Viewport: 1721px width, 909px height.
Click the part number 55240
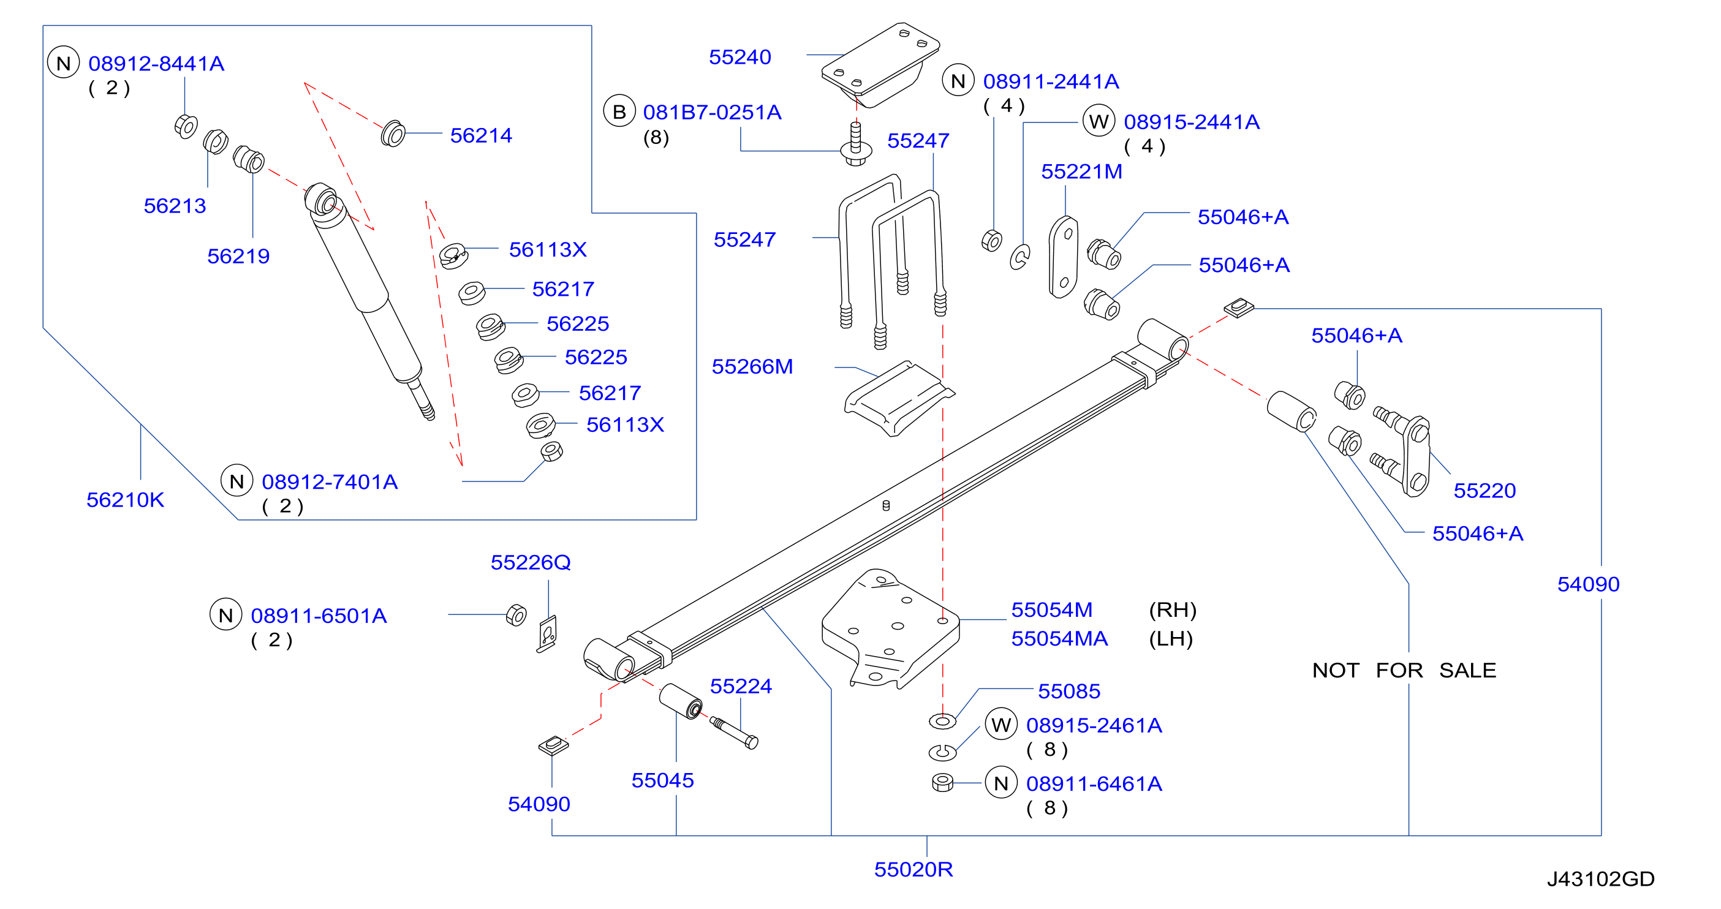739,58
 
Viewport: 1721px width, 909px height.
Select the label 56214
480,135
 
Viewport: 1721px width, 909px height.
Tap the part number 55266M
752,367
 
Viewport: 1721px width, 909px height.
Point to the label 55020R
913,870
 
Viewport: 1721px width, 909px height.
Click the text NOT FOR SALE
1404,670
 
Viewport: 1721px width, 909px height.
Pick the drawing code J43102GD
1601,879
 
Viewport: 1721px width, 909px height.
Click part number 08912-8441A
156,64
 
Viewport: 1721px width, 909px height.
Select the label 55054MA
1059,639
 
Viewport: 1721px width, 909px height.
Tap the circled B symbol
619,111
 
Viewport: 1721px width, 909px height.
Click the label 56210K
125,500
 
